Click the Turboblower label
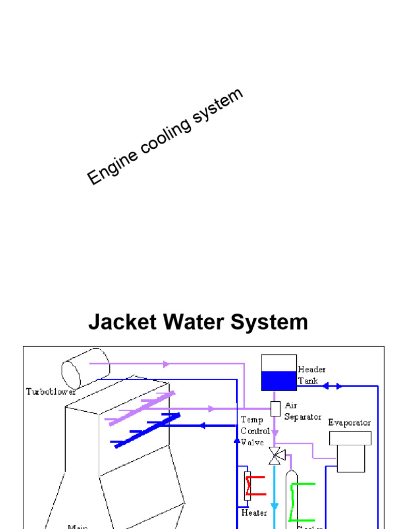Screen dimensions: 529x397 (51, 392)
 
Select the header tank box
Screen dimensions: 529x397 (279, 372)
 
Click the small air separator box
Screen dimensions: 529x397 (276, 408)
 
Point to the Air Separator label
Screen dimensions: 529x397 (302, 411)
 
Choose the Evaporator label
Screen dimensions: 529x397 (349, 423)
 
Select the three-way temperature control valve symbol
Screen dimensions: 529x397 (276, 456)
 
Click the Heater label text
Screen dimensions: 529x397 (254, 513)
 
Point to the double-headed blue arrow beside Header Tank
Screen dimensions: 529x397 (332, 385)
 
